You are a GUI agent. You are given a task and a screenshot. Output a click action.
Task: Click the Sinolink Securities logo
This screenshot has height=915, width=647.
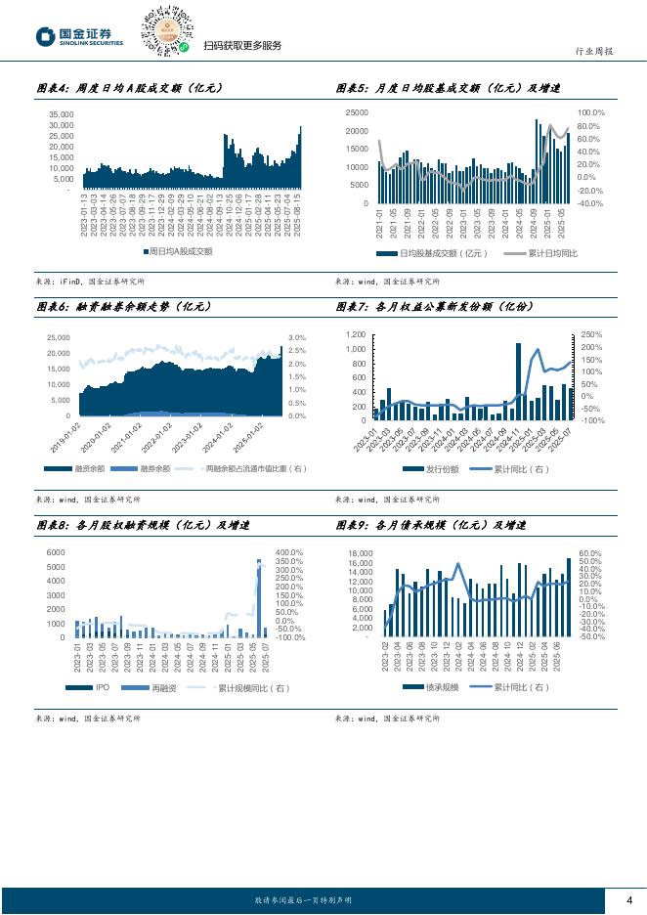tap(80, 37)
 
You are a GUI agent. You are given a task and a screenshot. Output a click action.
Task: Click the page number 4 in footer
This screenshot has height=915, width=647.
tap(628, 900)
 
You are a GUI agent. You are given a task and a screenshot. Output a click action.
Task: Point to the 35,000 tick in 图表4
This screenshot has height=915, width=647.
tap(61, 114)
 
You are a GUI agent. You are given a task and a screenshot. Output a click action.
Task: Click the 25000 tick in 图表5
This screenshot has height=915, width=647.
tap(358, 113)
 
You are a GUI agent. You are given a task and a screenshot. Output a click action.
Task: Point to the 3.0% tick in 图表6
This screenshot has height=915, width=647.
tap(298, 338)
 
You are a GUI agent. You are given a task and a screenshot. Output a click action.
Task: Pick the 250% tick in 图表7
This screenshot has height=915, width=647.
tap(592, 334)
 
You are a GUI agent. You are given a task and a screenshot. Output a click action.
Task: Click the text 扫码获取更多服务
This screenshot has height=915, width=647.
tap(241, 46)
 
